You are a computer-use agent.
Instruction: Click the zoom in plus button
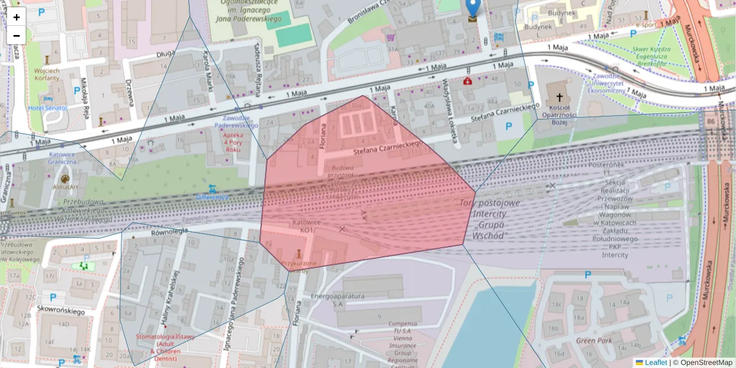pyautogui.click(x=17, y=17)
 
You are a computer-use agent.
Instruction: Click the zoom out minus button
pyautogui.click(x=17, y=36)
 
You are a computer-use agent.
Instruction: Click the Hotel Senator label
pyautogui.click(x=48, y=108)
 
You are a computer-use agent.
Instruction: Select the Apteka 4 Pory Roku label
pyautogui.click(x=232, y=142)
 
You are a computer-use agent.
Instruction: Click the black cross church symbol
pyautogui.click(x=559, y=97)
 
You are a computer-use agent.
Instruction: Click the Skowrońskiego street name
pyautogui.click(x=59, y=312)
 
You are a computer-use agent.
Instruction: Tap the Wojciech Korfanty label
pyautogui.click(x=47, y=75)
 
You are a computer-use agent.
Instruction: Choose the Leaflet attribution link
pyautogui.click(x=655, y=362)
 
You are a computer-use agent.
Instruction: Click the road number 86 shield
pyautogui.click(x=711, y=121)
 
